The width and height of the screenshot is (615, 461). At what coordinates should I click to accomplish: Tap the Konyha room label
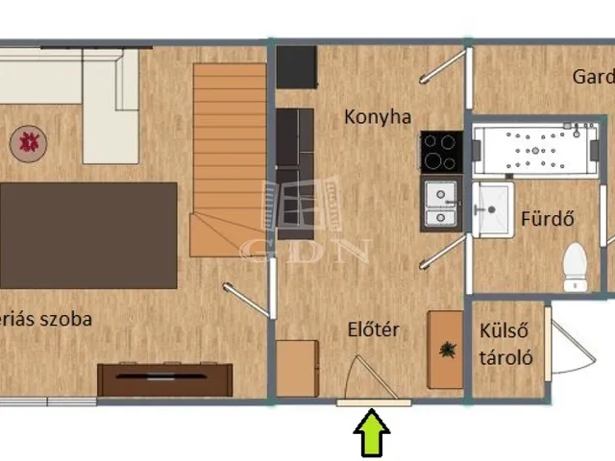(x=378, y=117)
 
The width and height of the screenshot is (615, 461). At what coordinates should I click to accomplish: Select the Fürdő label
(x=548, y=218)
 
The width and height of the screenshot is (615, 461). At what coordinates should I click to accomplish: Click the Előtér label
(x=373, y=330)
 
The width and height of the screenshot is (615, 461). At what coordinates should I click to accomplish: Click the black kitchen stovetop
(x=441, y=151)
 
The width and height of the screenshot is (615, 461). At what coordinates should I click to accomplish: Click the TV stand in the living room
(x=165, y=379)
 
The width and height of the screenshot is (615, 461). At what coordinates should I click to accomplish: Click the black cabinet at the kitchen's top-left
(x=296, y=66)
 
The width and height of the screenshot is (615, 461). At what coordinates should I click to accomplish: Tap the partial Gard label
(x=593, y=77)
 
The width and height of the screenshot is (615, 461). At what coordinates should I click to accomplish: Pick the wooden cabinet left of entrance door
(x=297, y=368)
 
